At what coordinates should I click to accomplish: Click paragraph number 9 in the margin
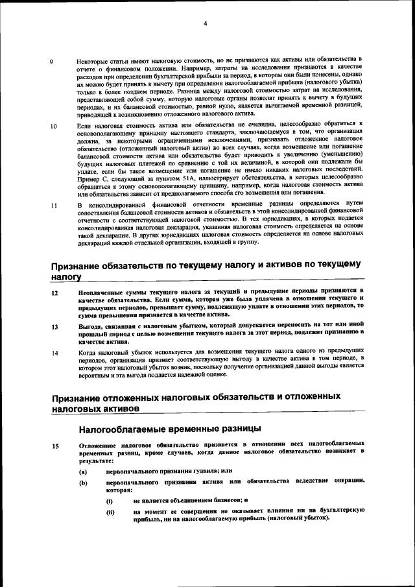click(x=53, y=62)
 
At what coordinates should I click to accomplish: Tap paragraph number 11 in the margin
click(x=54, y=206)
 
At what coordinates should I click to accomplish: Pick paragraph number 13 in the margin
click(x=54, y=326)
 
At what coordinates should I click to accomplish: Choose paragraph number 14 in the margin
click(x=54, y=353)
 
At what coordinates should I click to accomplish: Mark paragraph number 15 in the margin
click(x=54, y=446)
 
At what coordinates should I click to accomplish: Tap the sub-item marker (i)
click(x=110, y=501)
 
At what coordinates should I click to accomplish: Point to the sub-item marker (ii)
click(x=110, y=512)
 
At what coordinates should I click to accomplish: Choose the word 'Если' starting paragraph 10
click(x=85, y=123)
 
